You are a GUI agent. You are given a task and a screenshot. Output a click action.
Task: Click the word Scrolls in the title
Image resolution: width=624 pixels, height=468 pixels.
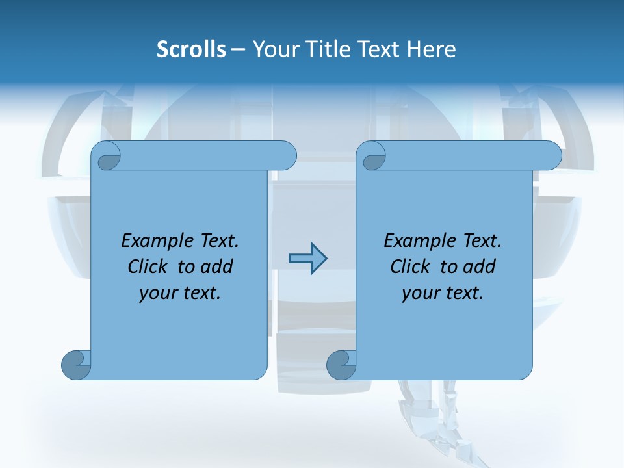click(x=191, y=49)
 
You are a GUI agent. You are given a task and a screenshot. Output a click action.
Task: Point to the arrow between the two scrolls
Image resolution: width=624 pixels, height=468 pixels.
click(x=307, y=258)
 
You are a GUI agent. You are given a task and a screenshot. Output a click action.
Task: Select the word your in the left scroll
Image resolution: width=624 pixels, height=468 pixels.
click(x=156, y=293)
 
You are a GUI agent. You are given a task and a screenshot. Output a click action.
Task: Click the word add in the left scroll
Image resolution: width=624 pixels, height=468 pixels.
click(x=217, y=266)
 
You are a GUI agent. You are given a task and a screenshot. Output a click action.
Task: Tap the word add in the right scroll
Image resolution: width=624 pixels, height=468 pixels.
click(x=480, y=266)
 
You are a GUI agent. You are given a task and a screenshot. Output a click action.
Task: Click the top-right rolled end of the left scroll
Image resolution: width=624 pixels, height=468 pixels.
click(x=286, y=155)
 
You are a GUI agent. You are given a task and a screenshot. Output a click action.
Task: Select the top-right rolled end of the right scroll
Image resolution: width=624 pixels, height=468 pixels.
click(x=551, y=155)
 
